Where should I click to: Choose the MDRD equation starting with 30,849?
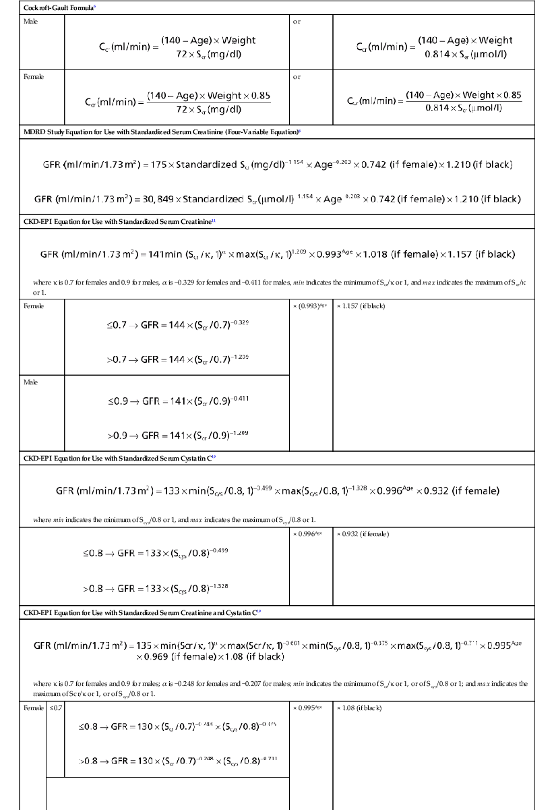pos(276,199)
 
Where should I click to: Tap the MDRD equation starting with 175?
pos(276,164)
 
